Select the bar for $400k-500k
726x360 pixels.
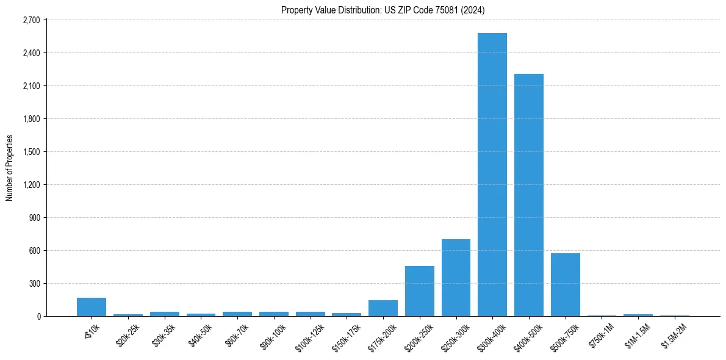(x=529, y=195)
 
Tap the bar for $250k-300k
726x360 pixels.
(x=456, y=278)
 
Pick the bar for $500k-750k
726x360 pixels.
(x=566, y=285)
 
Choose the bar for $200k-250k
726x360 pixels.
(x=420, y=291)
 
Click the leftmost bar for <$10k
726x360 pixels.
(x=92, y=307)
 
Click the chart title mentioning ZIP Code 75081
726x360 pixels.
(x=383, y=10)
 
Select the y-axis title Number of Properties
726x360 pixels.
(x=10, y=168)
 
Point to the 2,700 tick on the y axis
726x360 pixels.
(x=31, y=20)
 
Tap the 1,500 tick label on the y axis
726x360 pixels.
(x=31, y=152)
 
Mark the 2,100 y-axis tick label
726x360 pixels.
(x=31, y=86)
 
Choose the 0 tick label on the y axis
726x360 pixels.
(x=38, y=317)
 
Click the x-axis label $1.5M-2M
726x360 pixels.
(x=674, y=335)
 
